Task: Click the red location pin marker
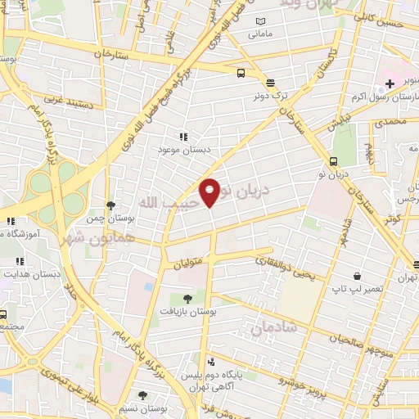(210, 191)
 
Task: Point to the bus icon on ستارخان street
(241, 73)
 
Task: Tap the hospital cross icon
(390, 83)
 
